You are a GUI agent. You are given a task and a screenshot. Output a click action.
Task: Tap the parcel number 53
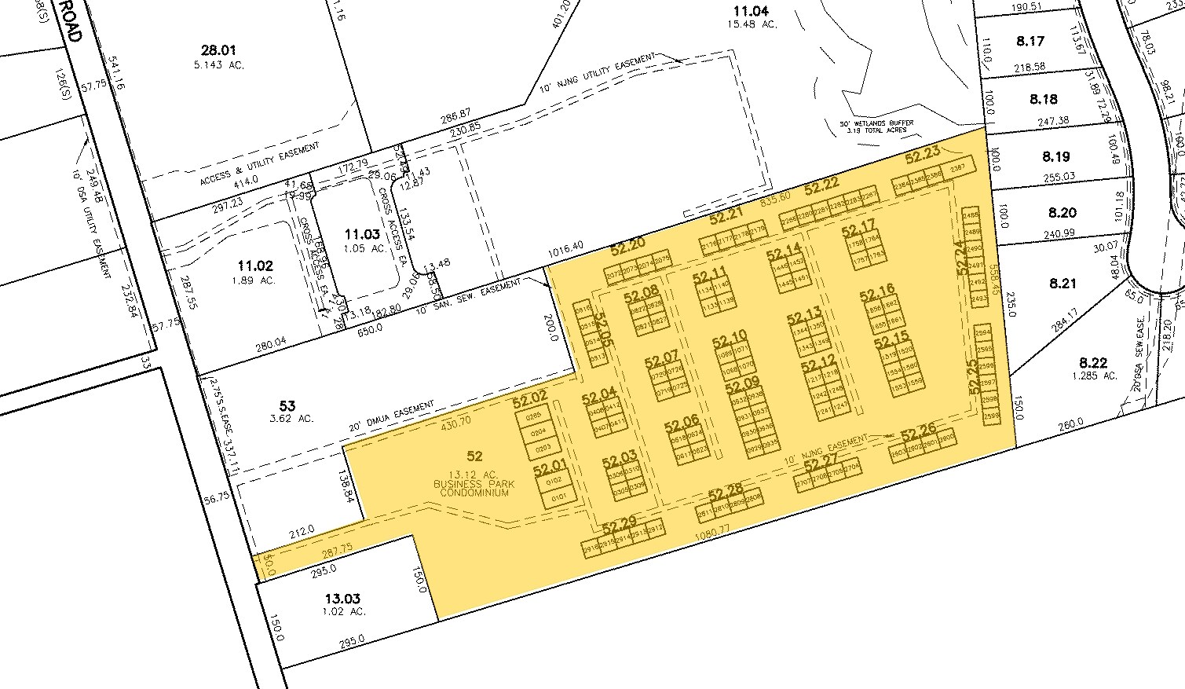(x=287, y=405)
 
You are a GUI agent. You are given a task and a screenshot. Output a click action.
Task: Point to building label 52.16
(x=877, y=295)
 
